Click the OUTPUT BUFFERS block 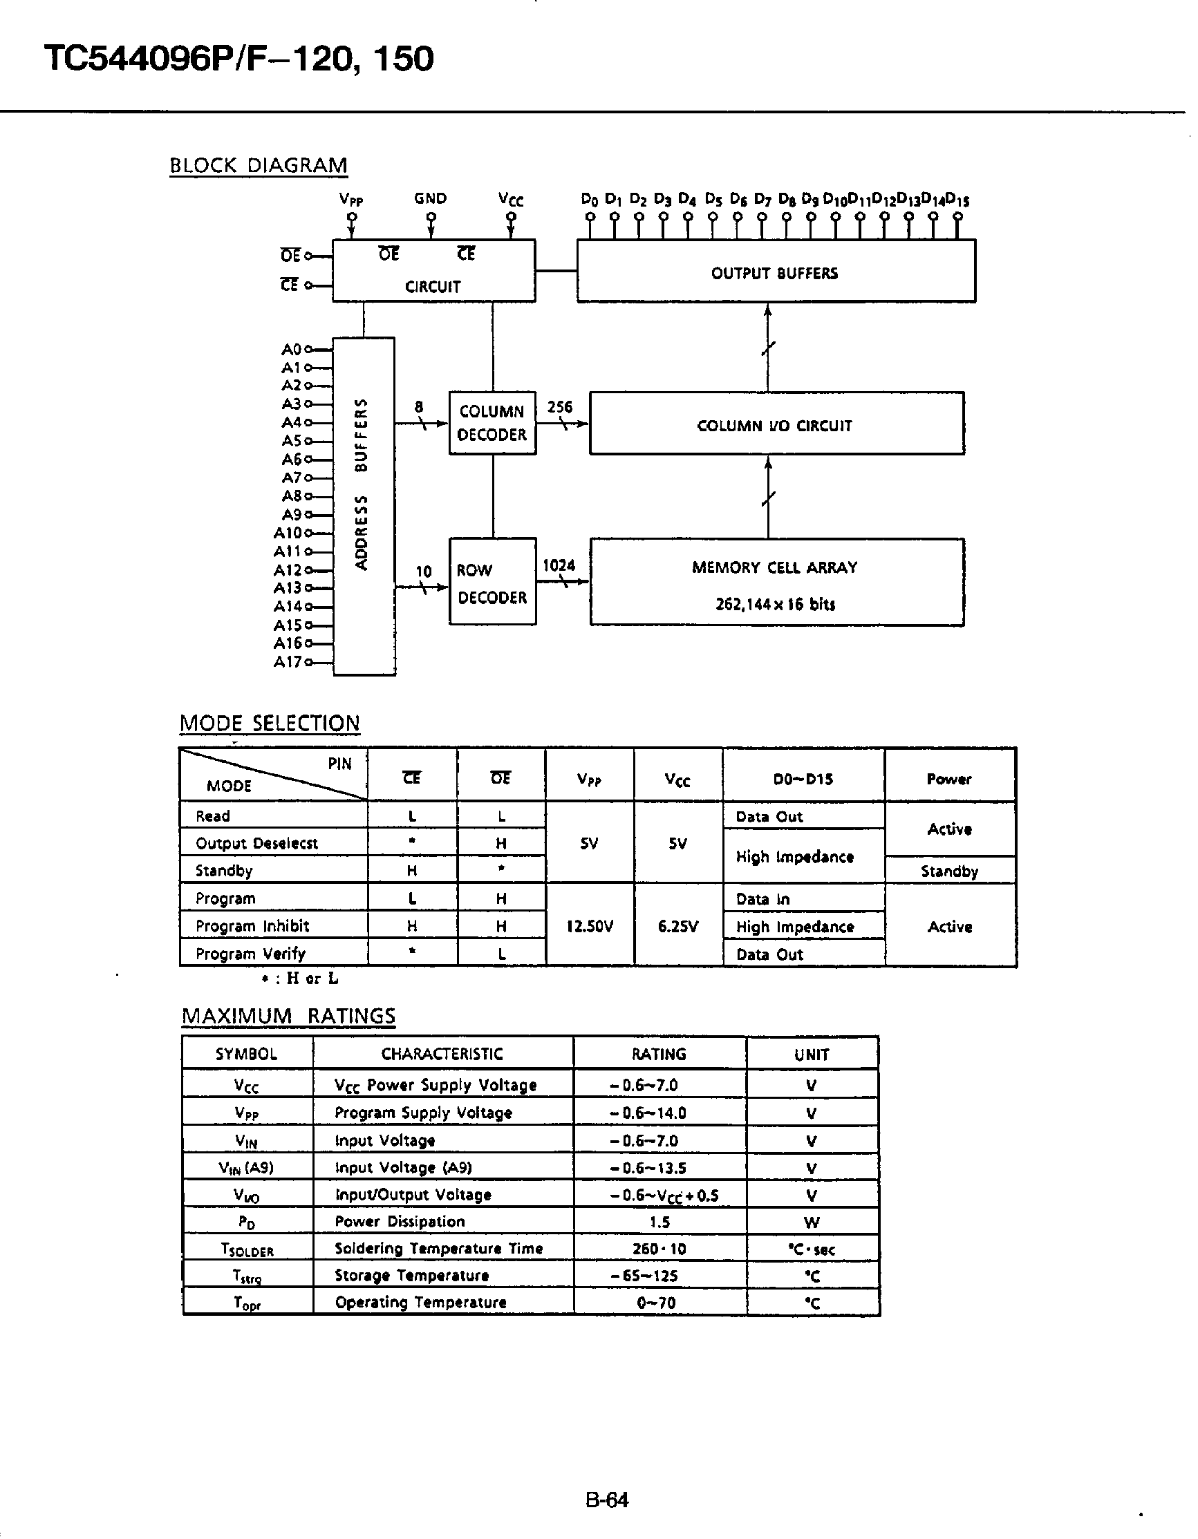pyautogui.click(x=775, y=272)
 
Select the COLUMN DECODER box pyautogui.click(x=493, y=423)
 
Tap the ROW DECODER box pyautogui.click(x=493, y=583)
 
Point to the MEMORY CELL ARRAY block pyautogui.click(x=776, y=583)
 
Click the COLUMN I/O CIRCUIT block pyautogui.click(x=776, y=424)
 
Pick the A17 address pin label pyautogui.click(x=288, y=661)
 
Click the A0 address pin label pyautogui.click(x=291, y=349)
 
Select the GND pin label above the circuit pyautogui.click(x=430, y=198)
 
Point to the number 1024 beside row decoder pyautogui.click(x=558, y=565)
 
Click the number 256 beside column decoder pyautogui.click(x=559, y=406)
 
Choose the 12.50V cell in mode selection pyautogui.click(x=589, y=926)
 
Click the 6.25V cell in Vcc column pyautogui.click(x=677, y=926)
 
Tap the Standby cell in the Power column pyautogui.click(x=948, y=871)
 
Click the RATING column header pyautogui.click(x=658, y=1054)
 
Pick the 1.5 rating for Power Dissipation pyautogui.click(x=659, y=1222)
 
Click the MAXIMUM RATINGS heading pyautogui.click(x=288, y=1015)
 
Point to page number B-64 pyautogui.click(x=606, y=1498)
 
